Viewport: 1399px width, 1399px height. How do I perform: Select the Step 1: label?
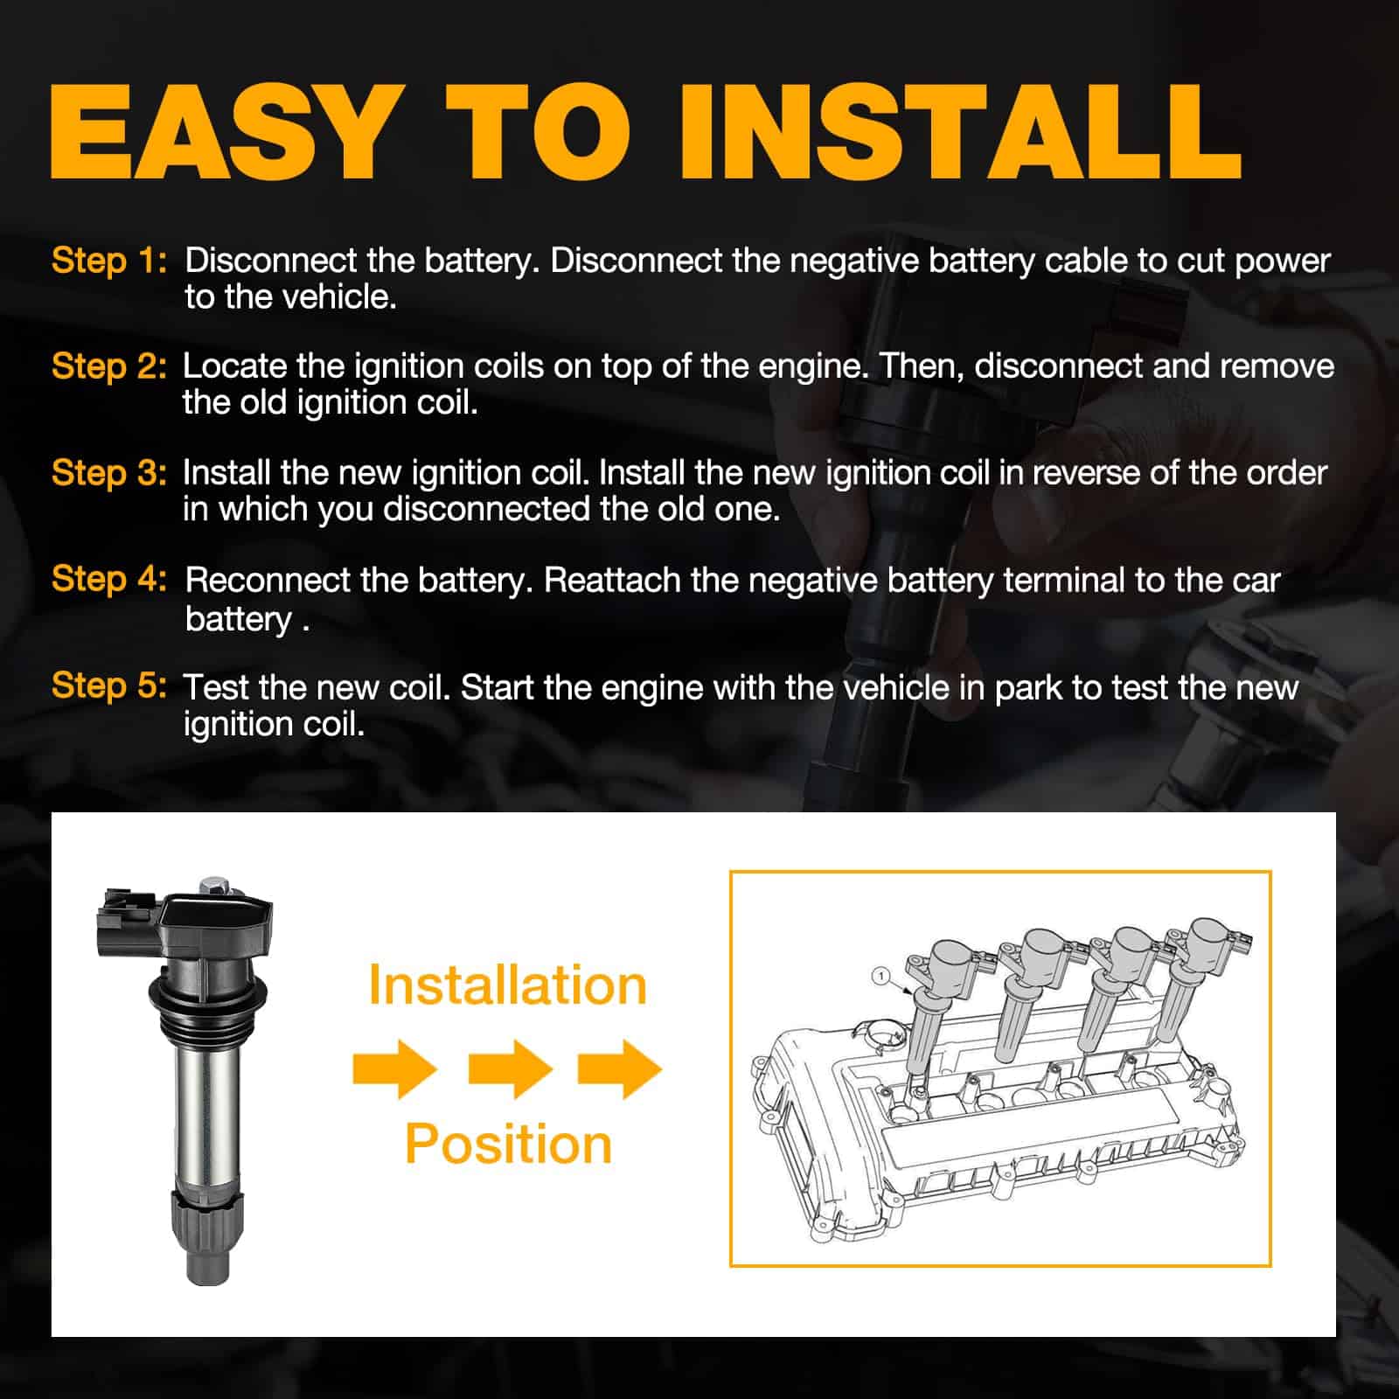tap(108, 261)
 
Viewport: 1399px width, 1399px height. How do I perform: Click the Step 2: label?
tap(108, 366)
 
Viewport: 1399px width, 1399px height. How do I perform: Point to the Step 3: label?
tap(108, 473)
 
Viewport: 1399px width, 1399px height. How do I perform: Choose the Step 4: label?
tap(108, 579)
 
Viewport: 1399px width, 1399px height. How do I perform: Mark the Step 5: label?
tap(108, 686)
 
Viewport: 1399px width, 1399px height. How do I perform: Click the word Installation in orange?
tap(507, 985)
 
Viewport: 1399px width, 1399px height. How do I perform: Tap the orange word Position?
tap(508, 1144)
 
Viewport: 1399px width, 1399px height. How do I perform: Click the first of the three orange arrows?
tap(394, 1068)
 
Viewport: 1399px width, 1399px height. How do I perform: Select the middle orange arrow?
tap(510, 1068)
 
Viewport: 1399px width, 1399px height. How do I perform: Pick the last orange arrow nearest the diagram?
tap(620, 1068)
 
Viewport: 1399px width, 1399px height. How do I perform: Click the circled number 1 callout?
tap(881, 976)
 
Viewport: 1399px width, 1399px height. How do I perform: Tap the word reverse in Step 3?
tap(1087, 474)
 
